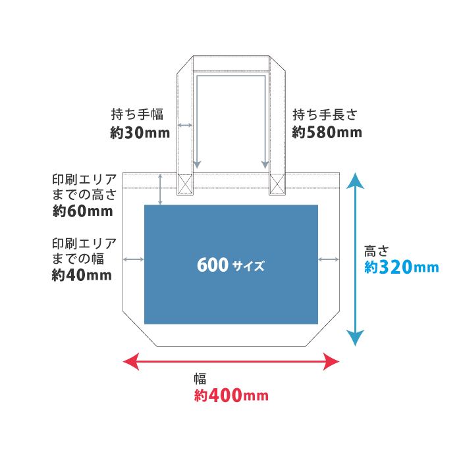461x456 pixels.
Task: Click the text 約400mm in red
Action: point(231,396)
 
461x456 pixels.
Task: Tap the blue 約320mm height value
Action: point(401,267)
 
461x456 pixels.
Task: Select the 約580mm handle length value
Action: point(327,133)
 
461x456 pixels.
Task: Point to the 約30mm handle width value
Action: point(140,133)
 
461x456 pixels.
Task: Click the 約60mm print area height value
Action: point(82,212)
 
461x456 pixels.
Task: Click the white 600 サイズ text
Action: point(230,265)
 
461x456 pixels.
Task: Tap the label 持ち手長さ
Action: point(325,114)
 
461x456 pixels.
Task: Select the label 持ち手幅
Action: point(137,114)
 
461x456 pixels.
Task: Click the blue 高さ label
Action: point(377,251)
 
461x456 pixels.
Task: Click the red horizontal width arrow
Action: point(231,361)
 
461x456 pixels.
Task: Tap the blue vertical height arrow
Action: point(355,259)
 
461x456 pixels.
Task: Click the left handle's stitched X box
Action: point(185,184)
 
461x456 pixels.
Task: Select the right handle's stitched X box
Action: point(277,184)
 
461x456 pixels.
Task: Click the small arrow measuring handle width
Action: point(185,124)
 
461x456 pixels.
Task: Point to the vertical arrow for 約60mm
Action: point(160,189)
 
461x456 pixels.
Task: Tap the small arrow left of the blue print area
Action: point(133,259)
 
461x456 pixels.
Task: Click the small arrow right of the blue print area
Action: point(329,259)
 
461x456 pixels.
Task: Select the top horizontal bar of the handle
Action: point(230,64)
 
